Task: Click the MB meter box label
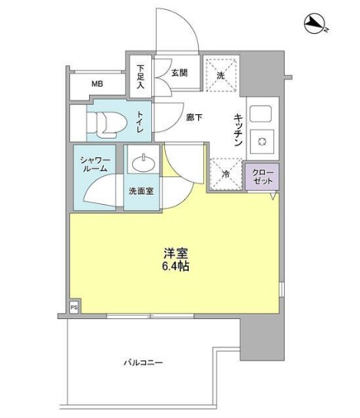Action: pyautogui.click(x=97, y=84)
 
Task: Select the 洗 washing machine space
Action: pyautogui.click(x=220, y=75)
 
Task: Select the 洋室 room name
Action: pyautogui.click(x=175, y=252)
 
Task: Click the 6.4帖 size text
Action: pyautogui.click(x=175, y=267)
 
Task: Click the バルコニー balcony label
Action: pyautogui.click(x=145, y=362)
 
